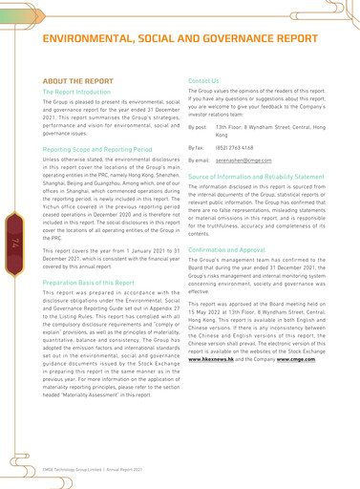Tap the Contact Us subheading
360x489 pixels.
207,82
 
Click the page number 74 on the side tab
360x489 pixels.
16,246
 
